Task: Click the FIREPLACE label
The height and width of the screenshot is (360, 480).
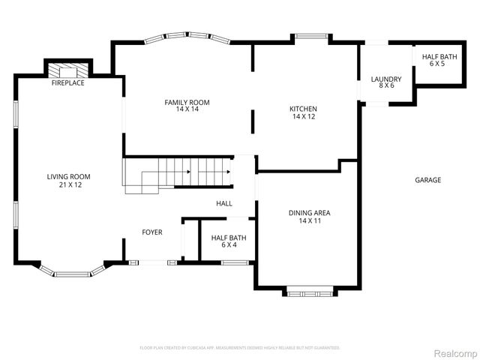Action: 67,83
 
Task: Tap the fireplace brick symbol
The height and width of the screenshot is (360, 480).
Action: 68,70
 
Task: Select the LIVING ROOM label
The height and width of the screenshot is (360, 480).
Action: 64,177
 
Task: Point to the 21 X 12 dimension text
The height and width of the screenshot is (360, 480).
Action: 64,184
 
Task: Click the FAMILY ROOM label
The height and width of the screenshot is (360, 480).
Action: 187,102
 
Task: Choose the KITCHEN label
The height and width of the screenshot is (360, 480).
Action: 303,109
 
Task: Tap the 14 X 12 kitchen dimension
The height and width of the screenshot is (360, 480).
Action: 303,116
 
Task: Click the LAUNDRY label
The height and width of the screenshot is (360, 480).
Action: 386,79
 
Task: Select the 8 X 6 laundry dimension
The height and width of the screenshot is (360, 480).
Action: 386,86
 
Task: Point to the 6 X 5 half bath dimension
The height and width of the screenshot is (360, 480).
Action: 437,64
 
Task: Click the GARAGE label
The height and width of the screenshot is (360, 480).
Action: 427,180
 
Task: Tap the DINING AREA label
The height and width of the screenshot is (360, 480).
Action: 309,213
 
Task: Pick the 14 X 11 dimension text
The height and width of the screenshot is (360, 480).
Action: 309,220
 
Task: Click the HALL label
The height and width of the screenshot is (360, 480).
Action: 224,203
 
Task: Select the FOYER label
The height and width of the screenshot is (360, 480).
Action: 152,232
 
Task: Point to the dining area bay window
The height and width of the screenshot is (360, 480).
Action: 309,292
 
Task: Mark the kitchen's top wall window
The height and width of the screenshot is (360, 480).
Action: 309,36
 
